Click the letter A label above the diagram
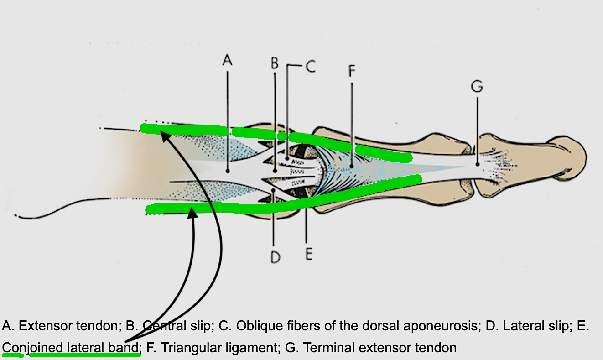(x=227, y=59)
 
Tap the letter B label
(x=274, y=63)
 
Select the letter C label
(x=310, y=67)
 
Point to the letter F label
(x=352, y=71)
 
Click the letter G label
(x=477, y=87)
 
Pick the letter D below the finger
(x=274, y=258)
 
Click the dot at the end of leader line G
(x=477, y=164)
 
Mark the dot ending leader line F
(x=352, y=167)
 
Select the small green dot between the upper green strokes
(x=282, y=136)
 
